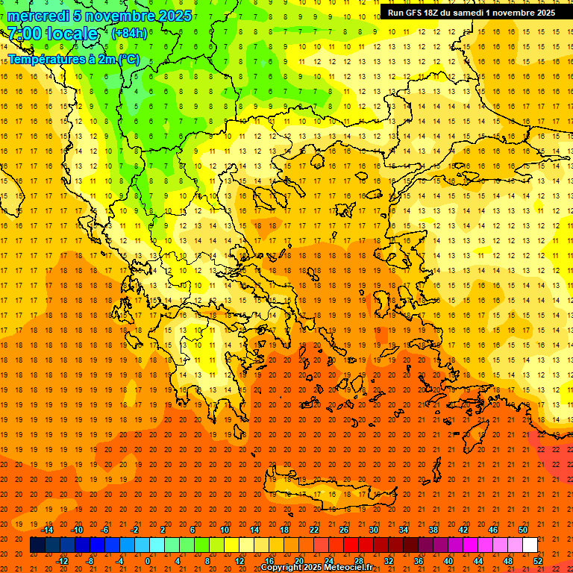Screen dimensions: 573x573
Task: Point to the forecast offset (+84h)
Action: click(129, 34)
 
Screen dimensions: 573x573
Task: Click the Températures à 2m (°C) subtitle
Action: click(73, 59)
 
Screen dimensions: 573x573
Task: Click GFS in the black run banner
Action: click(414, 13)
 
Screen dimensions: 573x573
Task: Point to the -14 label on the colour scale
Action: click(48, 530)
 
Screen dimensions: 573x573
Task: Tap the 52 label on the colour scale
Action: click(538, 561)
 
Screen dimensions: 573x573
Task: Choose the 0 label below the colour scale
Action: click(147, 561)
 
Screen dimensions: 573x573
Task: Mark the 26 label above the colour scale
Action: click(344, 530)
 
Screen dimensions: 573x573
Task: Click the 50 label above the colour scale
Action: click(523, 530)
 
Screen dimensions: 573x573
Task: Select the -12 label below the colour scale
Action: click(62, 561)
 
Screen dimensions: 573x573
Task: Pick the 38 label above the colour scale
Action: click(433, 530)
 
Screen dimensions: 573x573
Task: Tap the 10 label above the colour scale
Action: click(225, 530)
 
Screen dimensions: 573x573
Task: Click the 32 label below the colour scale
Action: click(389, 561)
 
